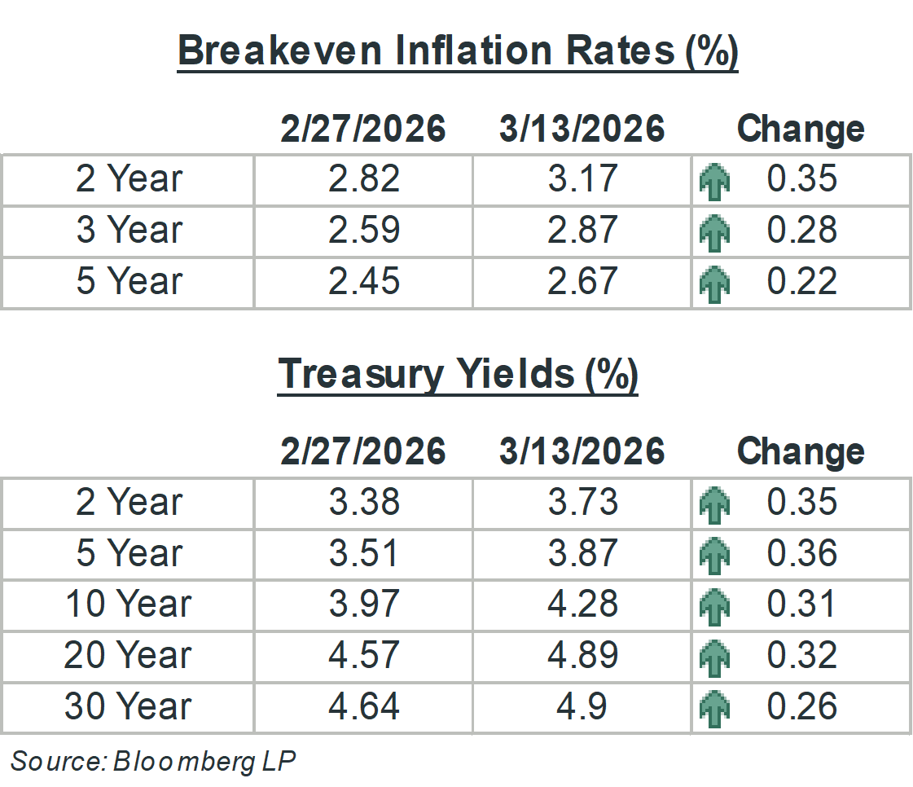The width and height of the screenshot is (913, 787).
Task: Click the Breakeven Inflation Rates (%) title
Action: [x=457, y=51]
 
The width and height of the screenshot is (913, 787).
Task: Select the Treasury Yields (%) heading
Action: [x=457, y=374]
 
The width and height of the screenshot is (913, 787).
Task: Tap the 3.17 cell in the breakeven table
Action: [x=582, y=179]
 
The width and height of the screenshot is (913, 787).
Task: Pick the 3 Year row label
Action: [x=129, y=231]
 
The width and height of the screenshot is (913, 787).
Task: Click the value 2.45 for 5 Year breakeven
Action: [x=364, y=282]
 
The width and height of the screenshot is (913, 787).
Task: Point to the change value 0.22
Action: [x=801, y=282]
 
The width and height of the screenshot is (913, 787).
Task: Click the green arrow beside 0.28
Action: [x=714, y=232]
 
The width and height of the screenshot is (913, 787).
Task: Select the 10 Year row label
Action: [x=129, y=605]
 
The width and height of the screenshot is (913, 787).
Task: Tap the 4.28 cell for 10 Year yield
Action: [x=582, y=605]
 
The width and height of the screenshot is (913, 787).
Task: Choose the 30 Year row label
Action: [x=129, y=706]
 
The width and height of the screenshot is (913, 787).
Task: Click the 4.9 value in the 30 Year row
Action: [x=582, y=706]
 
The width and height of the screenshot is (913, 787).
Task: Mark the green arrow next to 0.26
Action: [x=714, y=708]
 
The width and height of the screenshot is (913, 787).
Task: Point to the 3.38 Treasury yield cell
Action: [x=364, y=502]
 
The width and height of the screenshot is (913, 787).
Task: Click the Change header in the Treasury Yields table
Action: [x=800, y=451]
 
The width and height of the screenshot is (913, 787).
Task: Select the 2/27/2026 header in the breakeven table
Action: [x=363, y=129]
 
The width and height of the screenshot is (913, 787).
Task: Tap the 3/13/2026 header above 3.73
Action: [x=582, y=451]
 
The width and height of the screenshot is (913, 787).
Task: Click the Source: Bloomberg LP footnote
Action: [x=153, y=761]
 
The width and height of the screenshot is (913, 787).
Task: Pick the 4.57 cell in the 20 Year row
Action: [x=364, y=655]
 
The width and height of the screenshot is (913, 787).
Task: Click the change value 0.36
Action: [x=801, y=553]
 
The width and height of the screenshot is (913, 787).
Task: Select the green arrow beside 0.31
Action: [x=714, y=606]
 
